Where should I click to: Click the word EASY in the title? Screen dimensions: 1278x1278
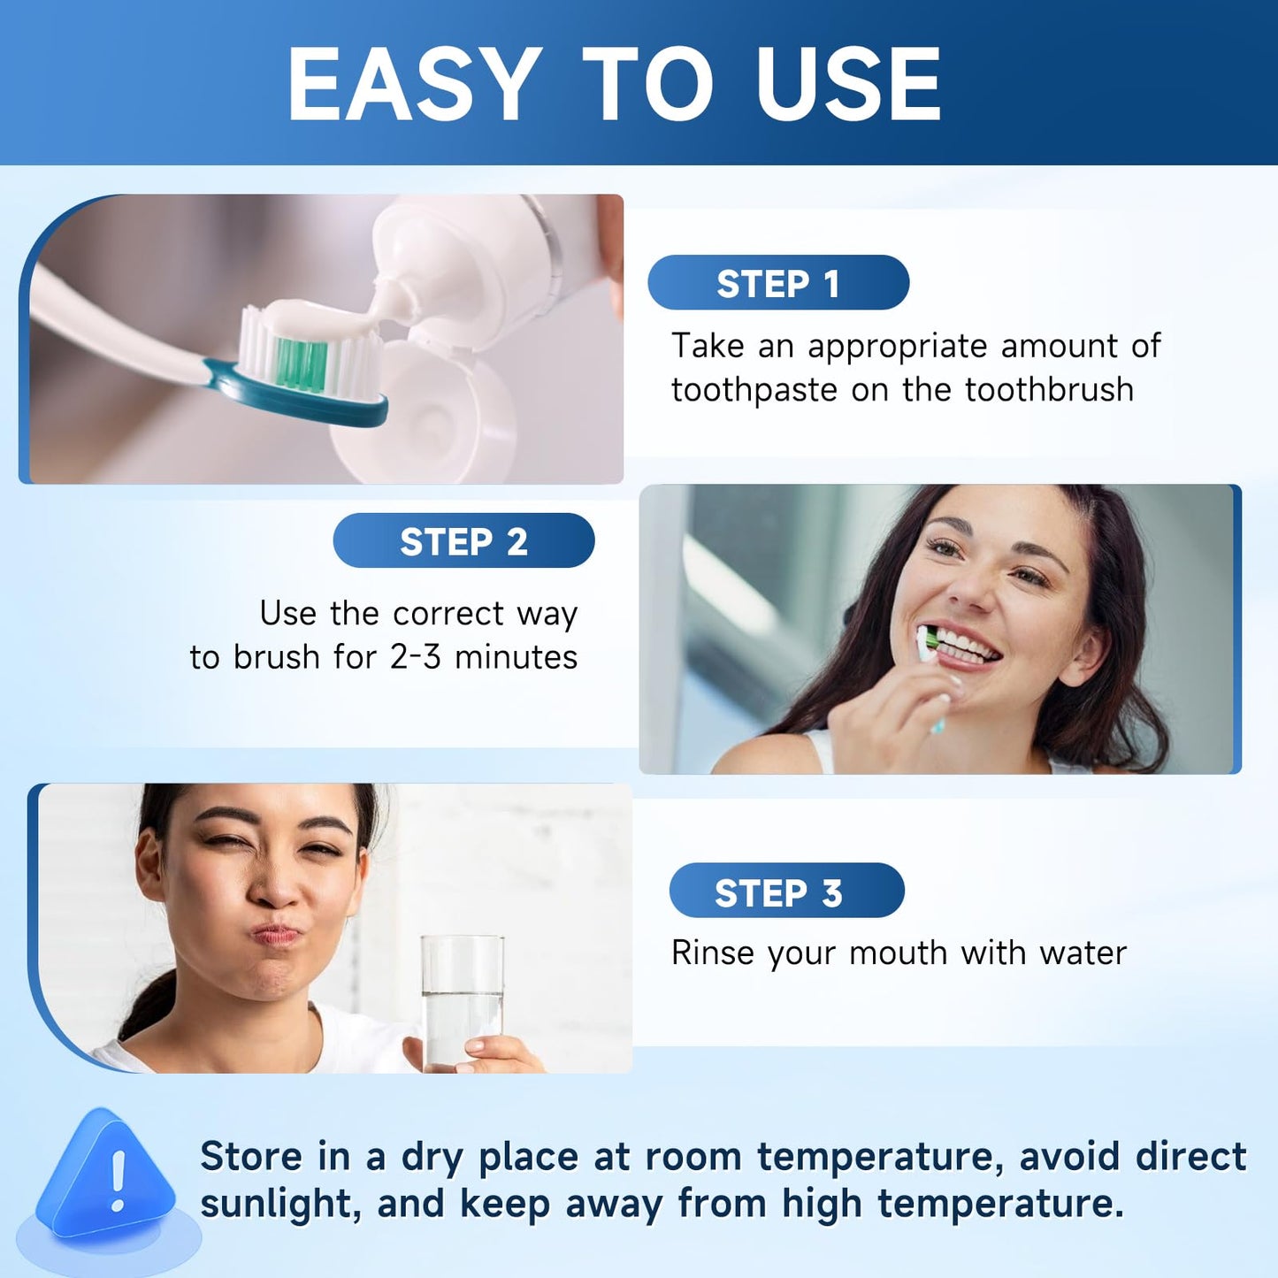tap(414, 84)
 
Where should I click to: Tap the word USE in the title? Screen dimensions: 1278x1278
tap(848, 84)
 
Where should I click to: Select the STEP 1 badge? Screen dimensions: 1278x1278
tap(778, 283)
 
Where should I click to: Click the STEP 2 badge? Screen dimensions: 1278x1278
tap(463, 540)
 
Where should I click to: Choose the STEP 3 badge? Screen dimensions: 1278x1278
tap(786, 892)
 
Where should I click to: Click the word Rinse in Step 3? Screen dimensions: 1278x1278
tap(712, 953)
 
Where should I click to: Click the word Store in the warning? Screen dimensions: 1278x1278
tap(252, 1157)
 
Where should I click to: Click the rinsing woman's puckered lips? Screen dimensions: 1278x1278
tap(276, 933)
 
